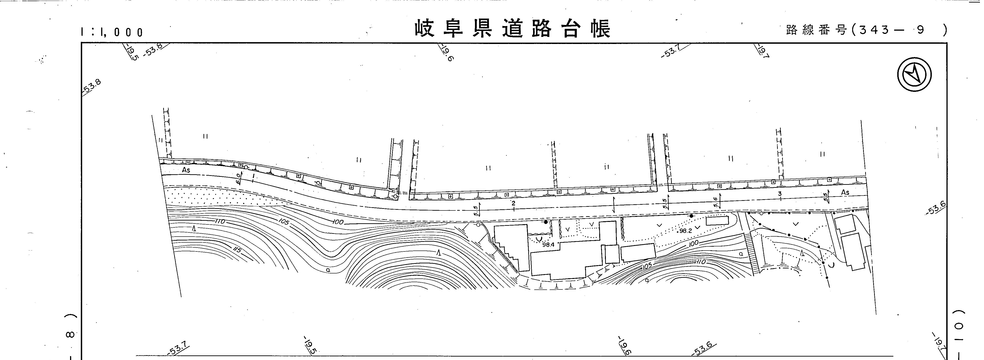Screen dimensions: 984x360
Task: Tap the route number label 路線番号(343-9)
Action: (866, 30)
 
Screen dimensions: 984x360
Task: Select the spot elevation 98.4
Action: (548, 245)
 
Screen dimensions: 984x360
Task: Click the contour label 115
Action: (237, 250)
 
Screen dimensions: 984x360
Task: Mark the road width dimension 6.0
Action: (238, 178)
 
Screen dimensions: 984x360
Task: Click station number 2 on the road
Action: (513, 203)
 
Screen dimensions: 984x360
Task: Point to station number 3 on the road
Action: (780, 194)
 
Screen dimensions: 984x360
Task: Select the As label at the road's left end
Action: (186, 170)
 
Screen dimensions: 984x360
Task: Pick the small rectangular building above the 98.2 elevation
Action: (717, 221)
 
